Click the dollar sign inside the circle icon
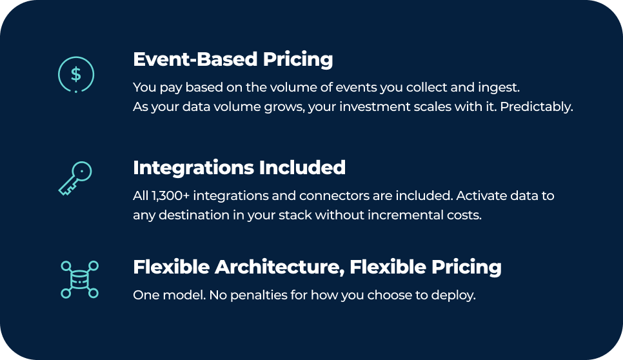[x=76, y=74]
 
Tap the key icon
[x=75, y=178]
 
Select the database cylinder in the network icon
[x=79, y=279]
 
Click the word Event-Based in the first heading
[x=195, y=59]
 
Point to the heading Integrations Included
[x=239, y=168]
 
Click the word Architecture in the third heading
[x=280, y=267]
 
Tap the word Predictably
[x=537, y=107]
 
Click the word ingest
[x=499, y=87]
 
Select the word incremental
[x=399, y=215]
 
